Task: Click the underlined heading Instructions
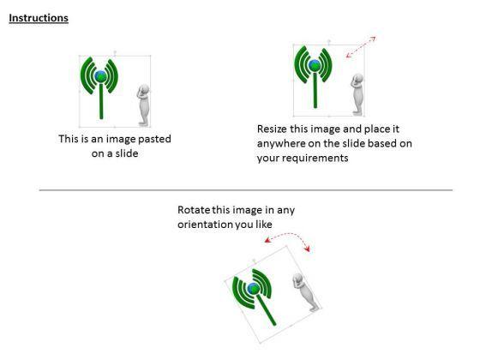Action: (39, 18)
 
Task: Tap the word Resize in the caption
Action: (273, 129)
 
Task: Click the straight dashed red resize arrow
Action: (361, 47)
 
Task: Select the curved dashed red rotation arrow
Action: (288, 236)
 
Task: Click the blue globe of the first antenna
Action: (101, 76)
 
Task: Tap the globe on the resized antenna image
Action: (315, 65)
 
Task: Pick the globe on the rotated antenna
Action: (254, 288)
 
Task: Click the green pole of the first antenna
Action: (101, 101)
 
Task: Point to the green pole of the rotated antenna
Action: (267, 309)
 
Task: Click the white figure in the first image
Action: (143, 105)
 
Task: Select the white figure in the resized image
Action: (357, 94)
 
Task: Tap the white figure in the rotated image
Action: (305, 292)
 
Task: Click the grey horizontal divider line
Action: (246, 190)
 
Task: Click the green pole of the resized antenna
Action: (315, 90)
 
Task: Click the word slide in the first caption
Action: (127, 153)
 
